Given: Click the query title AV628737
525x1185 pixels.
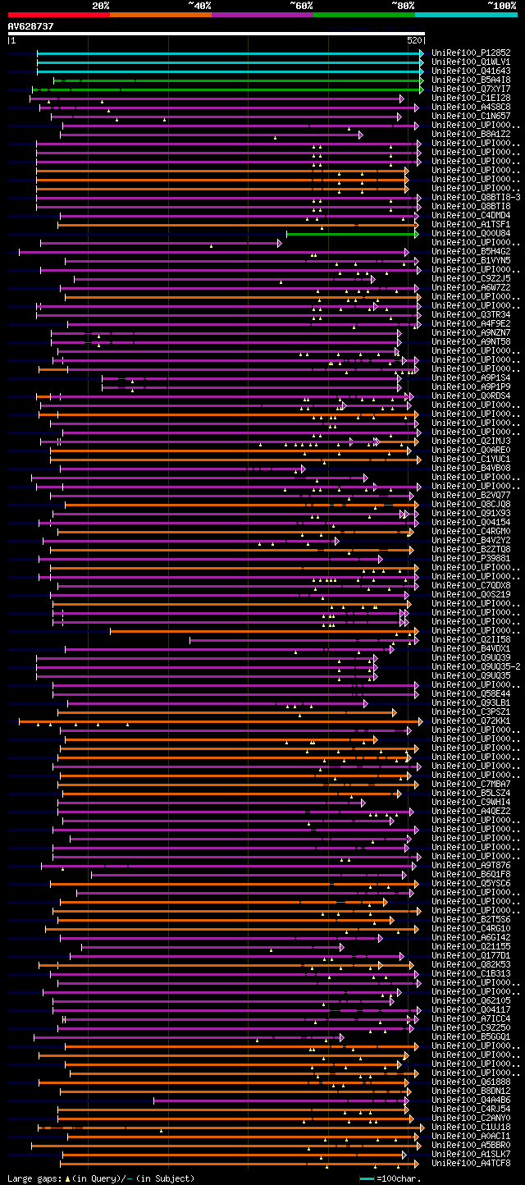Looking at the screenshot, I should pos(31,26).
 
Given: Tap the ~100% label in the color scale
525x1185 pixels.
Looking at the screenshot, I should pos(501,6).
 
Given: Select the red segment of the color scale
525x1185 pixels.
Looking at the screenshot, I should pos(58,14).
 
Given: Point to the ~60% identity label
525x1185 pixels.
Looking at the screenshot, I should pos(300,6).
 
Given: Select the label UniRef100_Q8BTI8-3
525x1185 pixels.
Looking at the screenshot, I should pos(476,197).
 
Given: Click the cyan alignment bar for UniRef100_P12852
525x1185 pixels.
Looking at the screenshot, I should pos(230,53).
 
